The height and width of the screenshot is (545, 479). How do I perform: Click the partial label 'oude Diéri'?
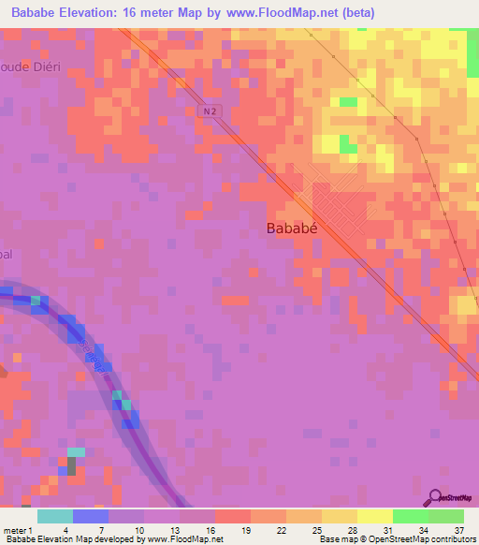tap(29, 67)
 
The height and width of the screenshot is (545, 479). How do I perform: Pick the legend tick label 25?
tap(292, 531)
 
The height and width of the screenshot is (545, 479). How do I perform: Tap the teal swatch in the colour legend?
tap(54, 516)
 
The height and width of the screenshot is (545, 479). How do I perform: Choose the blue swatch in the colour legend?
tap(90, 516)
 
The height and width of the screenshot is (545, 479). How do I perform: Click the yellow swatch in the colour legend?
tap(374, 516)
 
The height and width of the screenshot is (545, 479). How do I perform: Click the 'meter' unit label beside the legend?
tap(14, 531)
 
